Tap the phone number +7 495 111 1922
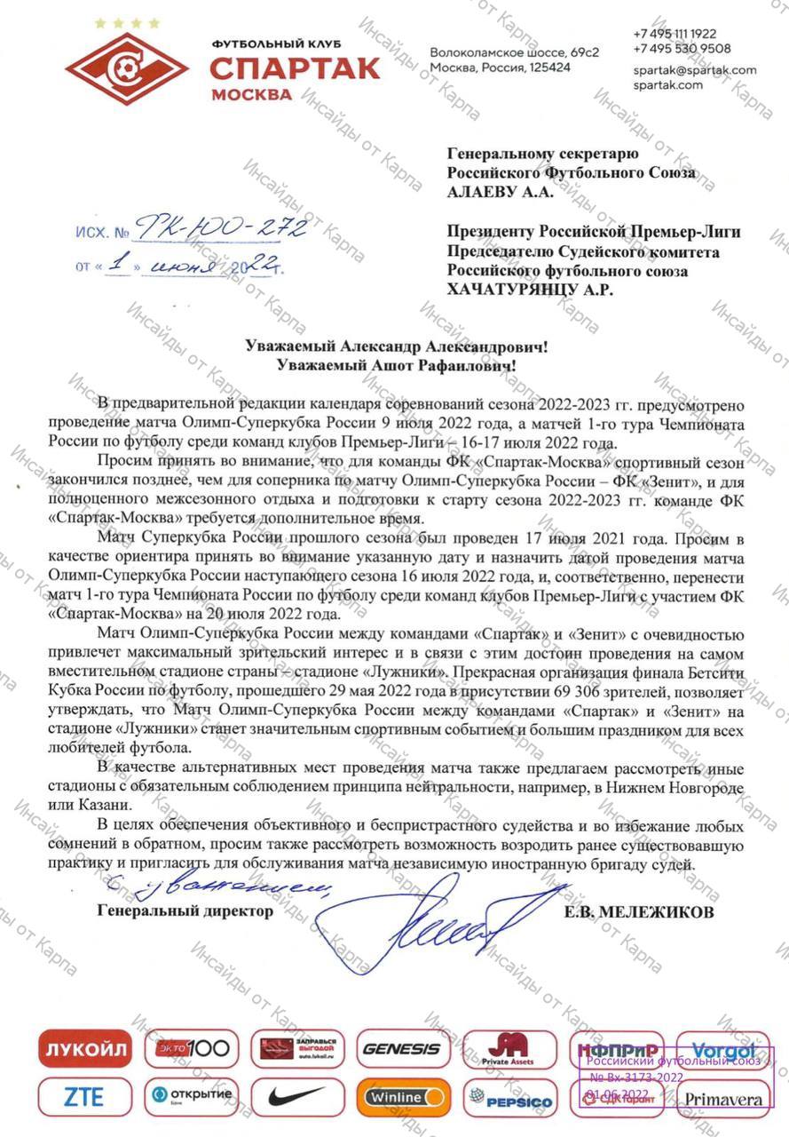675,34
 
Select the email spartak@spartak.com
695,69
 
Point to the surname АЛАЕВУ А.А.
500,191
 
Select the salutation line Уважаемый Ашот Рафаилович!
396,364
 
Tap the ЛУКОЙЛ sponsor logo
85,1049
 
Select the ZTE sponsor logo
84,1096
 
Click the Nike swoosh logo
297,1096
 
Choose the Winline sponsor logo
403,1096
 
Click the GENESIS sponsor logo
401,1049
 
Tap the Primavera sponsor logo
720,1099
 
